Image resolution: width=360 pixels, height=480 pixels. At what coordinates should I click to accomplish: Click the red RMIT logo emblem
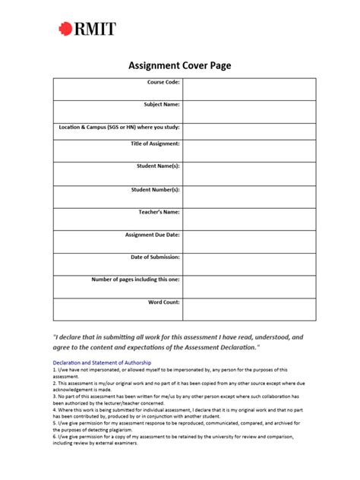[66, 30]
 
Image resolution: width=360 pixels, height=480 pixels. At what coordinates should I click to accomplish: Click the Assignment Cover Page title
[179, 66]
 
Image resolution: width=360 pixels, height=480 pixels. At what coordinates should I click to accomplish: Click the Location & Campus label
[119, 127]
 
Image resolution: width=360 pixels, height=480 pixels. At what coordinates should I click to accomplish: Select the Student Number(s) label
[155, 189]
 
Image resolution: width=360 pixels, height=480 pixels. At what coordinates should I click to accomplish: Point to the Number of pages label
[135, 279]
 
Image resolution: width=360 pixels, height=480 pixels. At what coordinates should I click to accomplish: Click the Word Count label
[163, 302]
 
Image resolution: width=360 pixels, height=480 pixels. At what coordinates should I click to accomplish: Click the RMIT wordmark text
[96, 30]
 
